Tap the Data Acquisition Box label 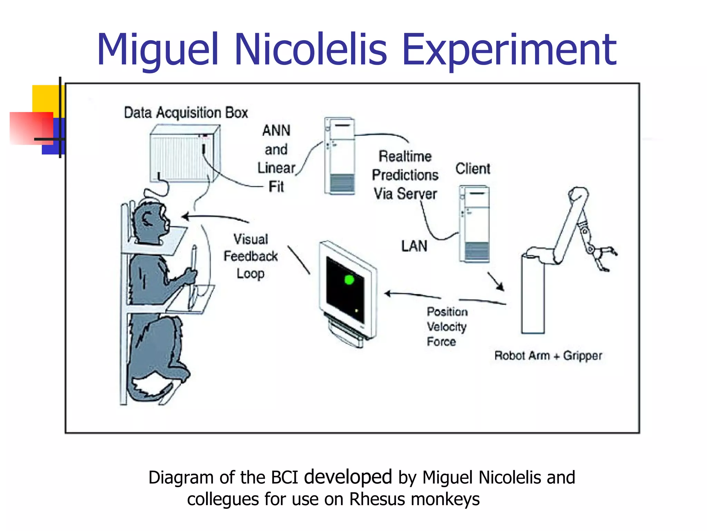pos(186,113)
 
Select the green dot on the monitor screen pos(349,279)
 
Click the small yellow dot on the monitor pos(357,310)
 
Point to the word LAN pos(414,246)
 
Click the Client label pos(473,169)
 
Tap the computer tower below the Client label pos(474,224)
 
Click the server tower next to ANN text pos(339,156)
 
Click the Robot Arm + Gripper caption pos(548,355)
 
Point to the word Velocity pos(447,326)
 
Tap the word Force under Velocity pos(441,342)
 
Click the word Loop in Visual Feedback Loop pos(250,273)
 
